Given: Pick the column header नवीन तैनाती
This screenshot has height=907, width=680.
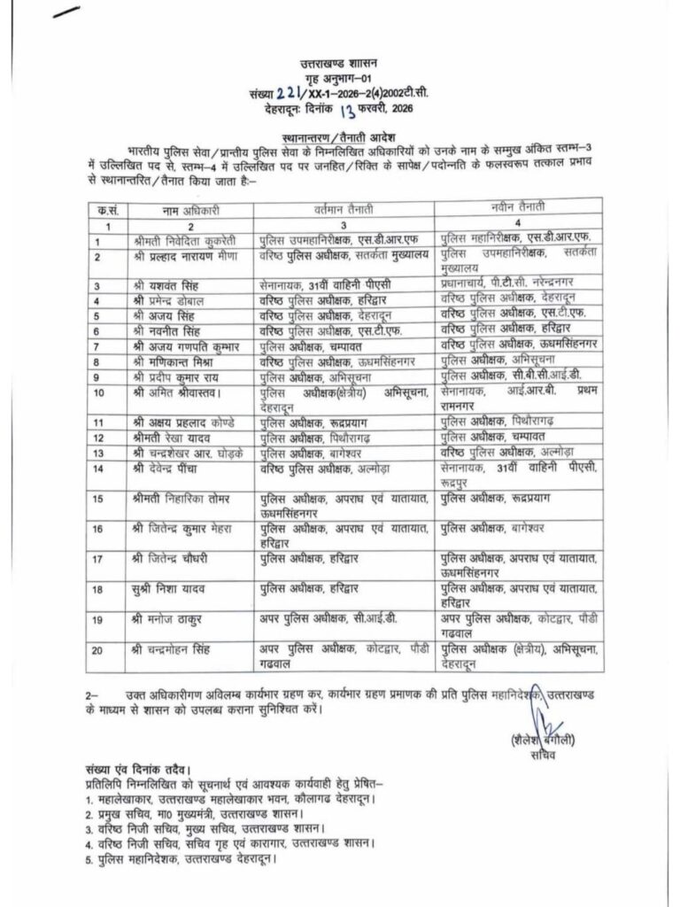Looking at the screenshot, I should [521, 207].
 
